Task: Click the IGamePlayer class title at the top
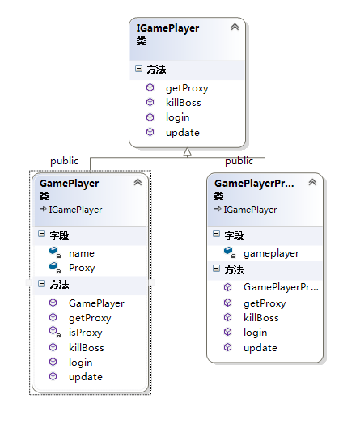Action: pos(167,28)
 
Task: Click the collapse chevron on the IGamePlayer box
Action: pos(235,27)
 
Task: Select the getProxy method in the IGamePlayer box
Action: pos(187,88)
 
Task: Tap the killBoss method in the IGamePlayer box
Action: pos(184,103)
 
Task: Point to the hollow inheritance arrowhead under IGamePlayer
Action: pos(188,152)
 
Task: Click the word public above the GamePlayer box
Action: pos(65,161)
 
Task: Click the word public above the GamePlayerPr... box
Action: pos(239,161)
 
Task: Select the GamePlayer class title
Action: pos(70,184)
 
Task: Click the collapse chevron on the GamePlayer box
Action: pos(138,182)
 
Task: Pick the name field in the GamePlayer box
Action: pos(82,253)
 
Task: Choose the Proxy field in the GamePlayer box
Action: pos(82,268)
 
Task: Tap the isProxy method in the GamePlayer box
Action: pos(86,333)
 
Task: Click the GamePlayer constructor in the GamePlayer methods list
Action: pos(96,303)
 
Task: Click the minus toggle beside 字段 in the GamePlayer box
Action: pos(41,234)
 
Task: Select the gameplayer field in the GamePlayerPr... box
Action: pos(271,253)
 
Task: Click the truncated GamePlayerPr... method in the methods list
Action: pos(281,287)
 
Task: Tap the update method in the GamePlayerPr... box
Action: pos(260,348)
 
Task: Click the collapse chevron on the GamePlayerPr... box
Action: pos(312,182)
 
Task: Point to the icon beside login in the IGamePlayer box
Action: pos(150,117)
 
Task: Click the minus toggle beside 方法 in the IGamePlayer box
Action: pos(138,69)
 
